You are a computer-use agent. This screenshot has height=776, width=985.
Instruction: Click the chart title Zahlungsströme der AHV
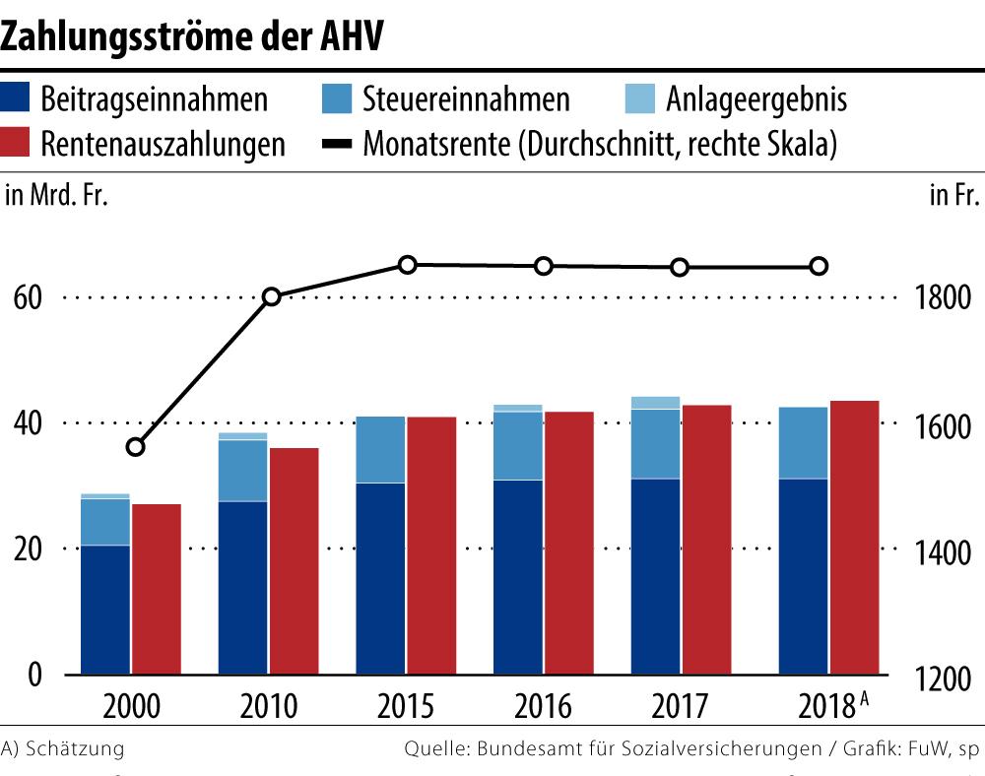click(x=192, y=36)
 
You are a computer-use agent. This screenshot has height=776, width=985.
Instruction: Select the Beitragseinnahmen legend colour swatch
click(x=20, y=99)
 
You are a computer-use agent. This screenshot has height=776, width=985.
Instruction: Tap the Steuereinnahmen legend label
click(x=466, y=99)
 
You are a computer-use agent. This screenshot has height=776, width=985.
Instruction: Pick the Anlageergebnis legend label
click(x=755, y=99)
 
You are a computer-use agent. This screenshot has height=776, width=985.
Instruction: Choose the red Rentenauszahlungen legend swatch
click(x=20, y=144)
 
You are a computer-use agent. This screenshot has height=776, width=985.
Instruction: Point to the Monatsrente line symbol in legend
click(x=339, y=144)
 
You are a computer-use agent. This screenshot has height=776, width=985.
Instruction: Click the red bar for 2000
click(x=157, y=589)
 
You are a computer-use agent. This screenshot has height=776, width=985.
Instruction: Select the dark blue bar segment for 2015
click(x=381, y=578)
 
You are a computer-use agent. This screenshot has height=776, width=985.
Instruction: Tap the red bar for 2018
click(x=854, y=538)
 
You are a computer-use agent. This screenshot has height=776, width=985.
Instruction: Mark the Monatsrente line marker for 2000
click(x=136, y=447)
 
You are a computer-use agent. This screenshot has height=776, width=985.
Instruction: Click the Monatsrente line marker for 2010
click(x=273, y=296)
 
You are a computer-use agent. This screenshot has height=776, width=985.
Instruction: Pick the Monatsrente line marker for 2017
click(x=680, y=267)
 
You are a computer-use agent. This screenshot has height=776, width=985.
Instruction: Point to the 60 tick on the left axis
click(x=27, y=297)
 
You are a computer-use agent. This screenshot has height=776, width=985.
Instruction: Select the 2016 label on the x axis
click(x=543, y=707)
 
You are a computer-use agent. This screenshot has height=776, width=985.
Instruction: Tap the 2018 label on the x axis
click(x=824, y=707)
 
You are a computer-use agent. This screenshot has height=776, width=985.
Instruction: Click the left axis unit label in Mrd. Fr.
click(x=56, y=195)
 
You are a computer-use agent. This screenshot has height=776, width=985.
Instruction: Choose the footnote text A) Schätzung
click(x=63, y=748)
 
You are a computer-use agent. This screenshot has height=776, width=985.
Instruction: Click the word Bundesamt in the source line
click(x=522, y=748)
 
